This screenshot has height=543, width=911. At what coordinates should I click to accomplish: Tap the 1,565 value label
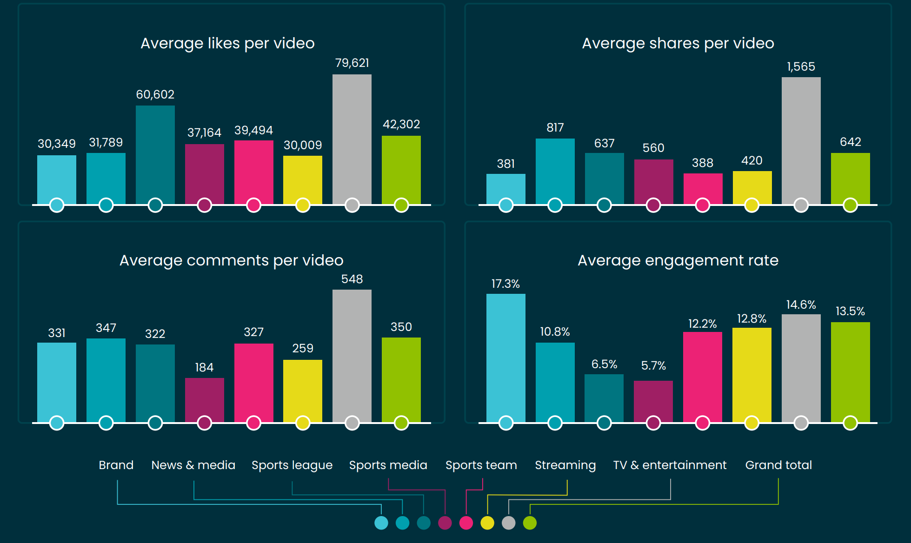click(x=801, y=66)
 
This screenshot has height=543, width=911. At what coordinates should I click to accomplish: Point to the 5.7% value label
click(x=653, y=365)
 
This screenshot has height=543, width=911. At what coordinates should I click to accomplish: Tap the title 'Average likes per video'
click(x=227, y=43)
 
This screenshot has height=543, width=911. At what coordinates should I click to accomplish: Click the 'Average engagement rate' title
click(x=678, y=260)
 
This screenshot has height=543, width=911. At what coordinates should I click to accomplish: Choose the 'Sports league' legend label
click(x=292, y=465)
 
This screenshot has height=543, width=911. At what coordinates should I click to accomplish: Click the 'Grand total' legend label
click(x=778, y=465)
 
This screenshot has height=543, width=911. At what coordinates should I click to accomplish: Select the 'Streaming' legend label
click(x=565, y=465)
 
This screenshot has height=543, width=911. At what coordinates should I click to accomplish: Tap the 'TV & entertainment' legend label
click(x=670, y=465)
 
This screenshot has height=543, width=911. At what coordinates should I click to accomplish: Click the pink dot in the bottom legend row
click(x=466, y=523)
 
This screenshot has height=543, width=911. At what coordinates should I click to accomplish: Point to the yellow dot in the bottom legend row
click(x=487, y=523)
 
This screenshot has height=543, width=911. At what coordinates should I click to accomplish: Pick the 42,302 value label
click(x=401, y=124)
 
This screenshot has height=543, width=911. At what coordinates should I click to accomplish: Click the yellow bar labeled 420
click(x=752, y=187)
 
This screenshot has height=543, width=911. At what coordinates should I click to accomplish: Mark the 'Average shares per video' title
click(x=678, y=43)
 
